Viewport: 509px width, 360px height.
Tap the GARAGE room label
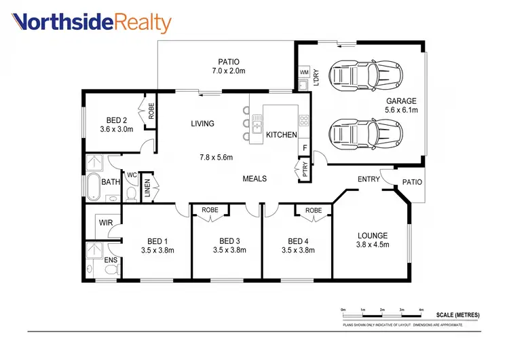pyautogui.click(x=401, y=101)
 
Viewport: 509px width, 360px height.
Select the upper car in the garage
pyautogui.click(x=354, y=74)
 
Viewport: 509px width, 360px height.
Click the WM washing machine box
pyautogui.click(x=303, y=72)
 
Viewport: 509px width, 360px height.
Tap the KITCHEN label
pyautogui.click(x=281, y=135)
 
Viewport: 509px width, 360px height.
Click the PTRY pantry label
pyautogui.click(x=305, y=170)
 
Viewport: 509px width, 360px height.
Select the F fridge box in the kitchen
pyautogui.click(x=305, y=147)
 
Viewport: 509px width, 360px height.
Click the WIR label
pyautogui.click(x=105, y=222)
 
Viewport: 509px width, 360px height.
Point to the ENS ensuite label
pyautogui.click(x=111, y=259)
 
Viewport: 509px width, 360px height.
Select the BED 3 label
pyautogui.click(x=230, y=241)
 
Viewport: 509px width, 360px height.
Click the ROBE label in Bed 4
pyautogui.click(x=313, y=211)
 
